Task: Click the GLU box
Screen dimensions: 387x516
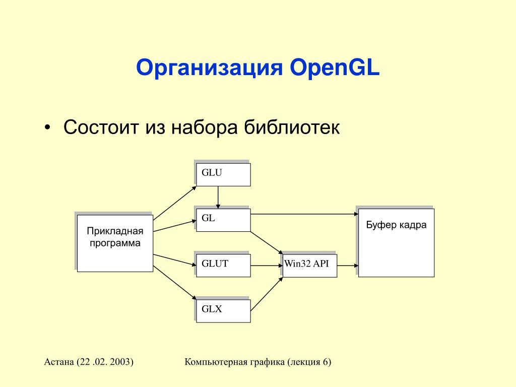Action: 223,175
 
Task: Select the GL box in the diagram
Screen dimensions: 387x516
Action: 223,220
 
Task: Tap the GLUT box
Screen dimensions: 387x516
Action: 223,266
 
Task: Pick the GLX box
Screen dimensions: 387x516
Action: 223,311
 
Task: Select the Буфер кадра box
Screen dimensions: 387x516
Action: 396,243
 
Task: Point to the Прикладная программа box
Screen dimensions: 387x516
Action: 115,243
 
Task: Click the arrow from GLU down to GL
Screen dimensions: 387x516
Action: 218,198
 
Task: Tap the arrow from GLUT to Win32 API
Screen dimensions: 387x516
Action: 266,265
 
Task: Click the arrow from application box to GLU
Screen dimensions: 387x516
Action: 175,203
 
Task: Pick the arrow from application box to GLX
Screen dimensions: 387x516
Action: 175,283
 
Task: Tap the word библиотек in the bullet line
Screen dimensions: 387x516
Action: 292,127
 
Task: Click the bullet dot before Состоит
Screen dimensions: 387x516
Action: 47,128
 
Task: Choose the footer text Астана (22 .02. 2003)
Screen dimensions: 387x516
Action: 89,362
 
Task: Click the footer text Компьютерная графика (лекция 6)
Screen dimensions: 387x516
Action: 258,362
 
